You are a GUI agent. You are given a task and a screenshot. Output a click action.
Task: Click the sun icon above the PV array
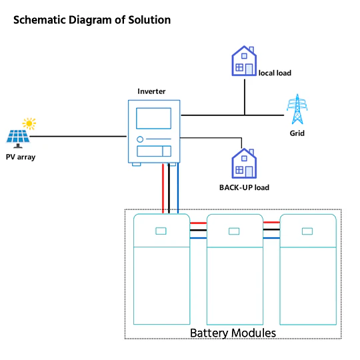point(29,124)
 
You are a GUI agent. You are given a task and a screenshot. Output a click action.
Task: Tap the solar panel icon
point(18,139)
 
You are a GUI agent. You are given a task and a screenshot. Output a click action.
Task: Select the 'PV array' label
point(21,157)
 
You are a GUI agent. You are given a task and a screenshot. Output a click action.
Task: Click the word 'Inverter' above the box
point(151,91)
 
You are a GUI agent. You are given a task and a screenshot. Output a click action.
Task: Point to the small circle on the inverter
point(140,139)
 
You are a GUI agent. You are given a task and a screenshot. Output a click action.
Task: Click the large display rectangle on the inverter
point(153,118)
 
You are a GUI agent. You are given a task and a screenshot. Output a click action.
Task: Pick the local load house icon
point(244,61)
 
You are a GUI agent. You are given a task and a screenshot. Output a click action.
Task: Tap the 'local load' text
point(275,73)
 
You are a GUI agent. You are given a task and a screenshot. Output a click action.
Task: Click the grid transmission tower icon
point(297,109)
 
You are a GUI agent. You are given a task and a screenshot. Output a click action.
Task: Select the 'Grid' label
point(297,133)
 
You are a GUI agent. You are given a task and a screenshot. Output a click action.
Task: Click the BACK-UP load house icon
point(244,163)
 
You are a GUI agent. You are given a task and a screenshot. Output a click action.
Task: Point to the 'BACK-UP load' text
point(244,187)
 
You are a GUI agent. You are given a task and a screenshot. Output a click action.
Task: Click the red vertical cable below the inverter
point(163,188)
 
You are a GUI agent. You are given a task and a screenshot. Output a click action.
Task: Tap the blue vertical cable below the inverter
point(178,188)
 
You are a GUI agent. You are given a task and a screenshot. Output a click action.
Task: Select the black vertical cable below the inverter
point(169,188)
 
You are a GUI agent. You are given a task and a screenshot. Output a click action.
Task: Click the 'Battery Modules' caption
point(233,333)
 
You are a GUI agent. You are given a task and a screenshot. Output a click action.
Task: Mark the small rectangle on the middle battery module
point(234,231)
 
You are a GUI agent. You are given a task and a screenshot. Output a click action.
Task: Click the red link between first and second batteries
point(199,223)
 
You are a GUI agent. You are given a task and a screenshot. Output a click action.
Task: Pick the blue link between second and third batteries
point(271,238)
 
